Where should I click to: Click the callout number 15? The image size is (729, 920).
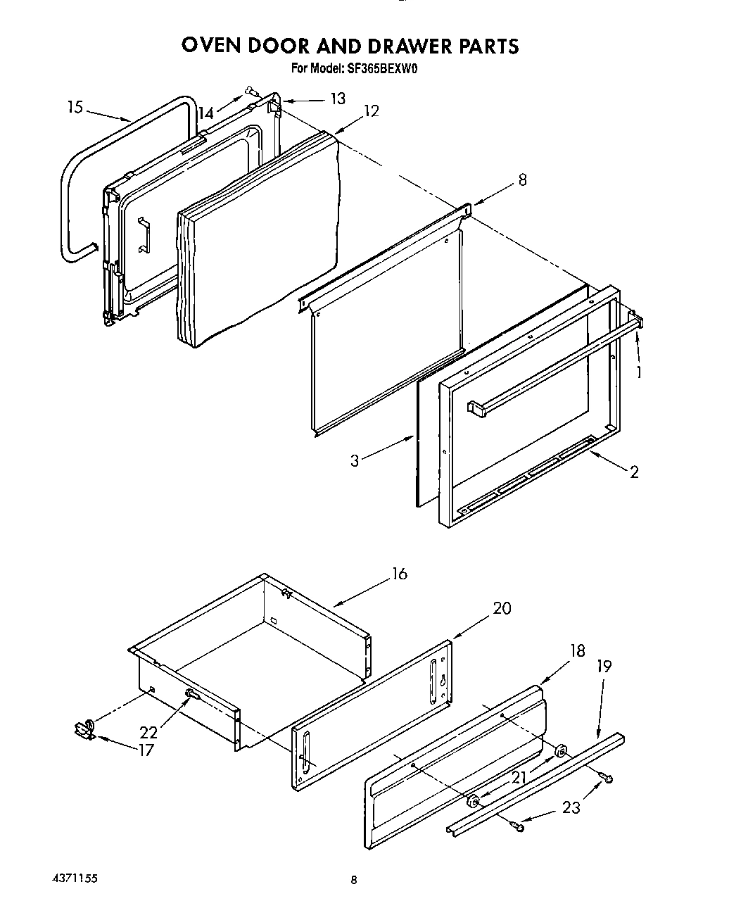pos(75,107)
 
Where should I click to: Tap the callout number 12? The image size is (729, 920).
pos(371,111)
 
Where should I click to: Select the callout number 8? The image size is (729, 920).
pos(521,179)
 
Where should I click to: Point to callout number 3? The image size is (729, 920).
pos(355,460)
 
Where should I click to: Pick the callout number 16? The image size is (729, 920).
pos(399,574)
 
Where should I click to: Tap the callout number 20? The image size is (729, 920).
pos(502,608)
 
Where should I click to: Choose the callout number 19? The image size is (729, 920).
pos(604,665)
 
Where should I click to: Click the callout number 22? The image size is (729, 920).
pos(148,732)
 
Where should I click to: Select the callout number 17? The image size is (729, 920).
pos(145,750)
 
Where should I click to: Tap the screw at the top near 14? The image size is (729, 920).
pos(251,90)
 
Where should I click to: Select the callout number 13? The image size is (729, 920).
pos(338,98)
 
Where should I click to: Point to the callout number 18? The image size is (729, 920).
pos(576,650)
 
